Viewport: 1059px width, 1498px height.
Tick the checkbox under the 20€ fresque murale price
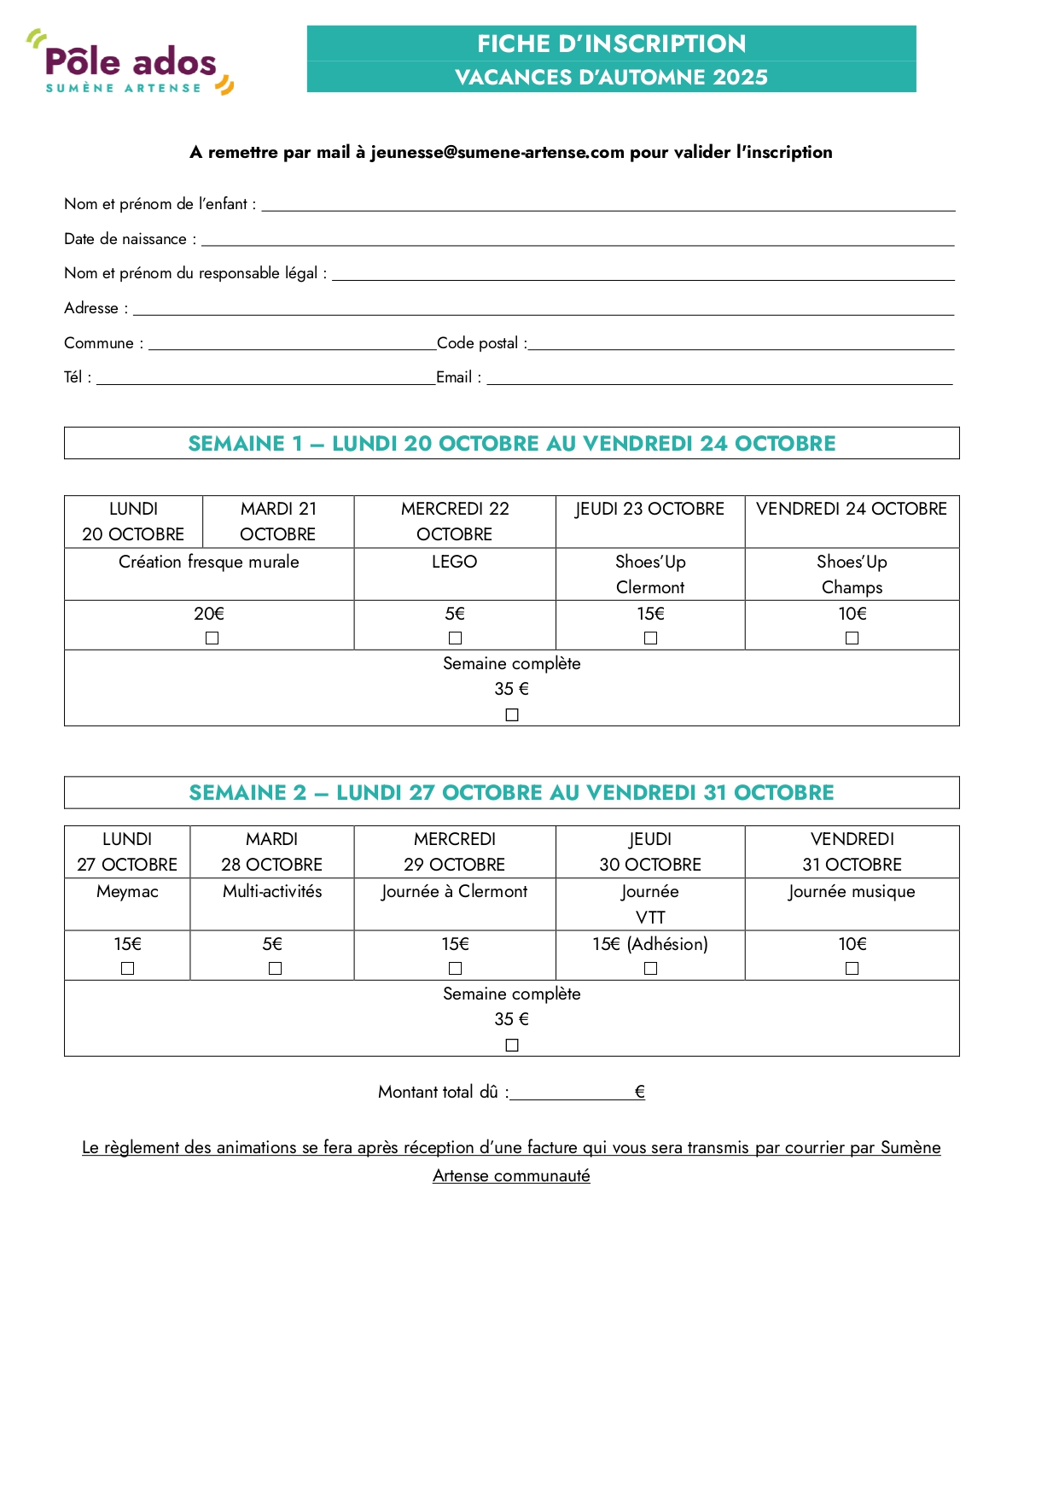[x=212, y=638]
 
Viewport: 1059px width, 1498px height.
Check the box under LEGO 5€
[x=455, y=638]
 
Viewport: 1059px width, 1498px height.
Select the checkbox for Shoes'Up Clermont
[x=650, y=638]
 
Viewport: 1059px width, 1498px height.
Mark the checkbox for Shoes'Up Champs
[x=852, y=638]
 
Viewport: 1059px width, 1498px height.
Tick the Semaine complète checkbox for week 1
[x=512, y=715]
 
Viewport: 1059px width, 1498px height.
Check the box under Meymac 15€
[x=128, y=968]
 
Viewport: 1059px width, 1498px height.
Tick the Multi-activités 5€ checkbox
[x=275, y=968]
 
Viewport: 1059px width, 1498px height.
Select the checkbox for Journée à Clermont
[x=455, y=968]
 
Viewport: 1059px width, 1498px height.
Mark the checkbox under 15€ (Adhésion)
[x=650, y=968]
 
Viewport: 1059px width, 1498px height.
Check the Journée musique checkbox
[x=852, y=968]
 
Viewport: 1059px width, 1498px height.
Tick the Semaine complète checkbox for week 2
[x=512, y=1046]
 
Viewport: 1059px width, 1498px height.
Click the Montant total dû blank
[x=571, y=1093]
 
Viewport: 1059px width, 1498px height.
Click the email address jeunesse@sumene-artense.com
[x=497, y=153]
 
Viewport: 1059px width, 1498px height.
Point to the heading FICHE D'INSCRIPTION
[x=611, y=44]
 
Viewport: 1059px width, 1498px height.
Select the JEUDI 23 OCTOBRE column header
[x=649, y=510]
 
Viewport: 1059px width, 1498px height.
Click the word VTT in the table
[x=650, y=918]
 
